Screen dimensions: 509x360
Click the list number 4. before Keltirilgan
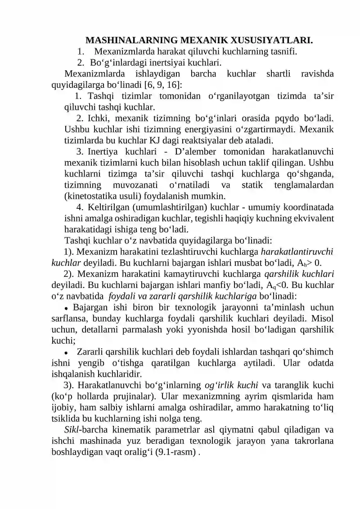point(80,207)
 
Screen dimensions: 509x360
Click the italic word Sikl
point(72,428)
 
